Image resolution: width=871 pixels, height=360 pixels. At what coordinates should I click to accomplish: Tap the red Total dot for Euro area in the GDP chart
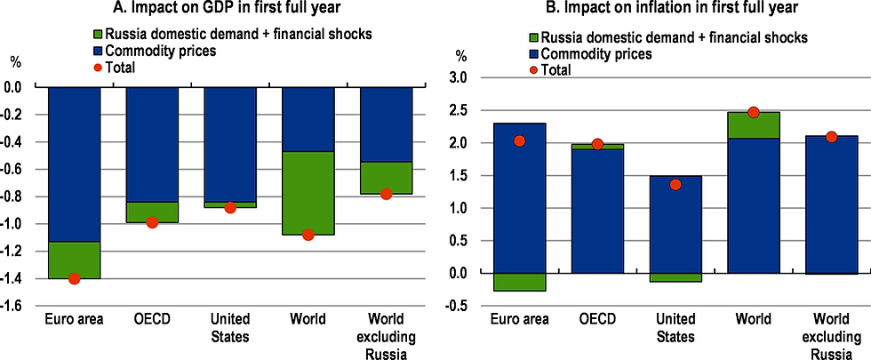(x=74, y=278)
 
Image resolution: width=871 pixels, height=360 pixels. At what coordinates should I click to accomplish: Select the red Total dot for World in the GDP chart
(x=308, y=235)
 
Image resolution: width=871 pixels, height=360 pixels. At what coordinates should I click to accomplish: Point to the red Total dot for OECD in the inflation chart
(x=596, y=144)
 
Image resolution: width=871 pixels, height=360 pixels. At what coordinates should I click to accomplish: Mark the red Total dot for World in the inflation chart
(x=753, y=112)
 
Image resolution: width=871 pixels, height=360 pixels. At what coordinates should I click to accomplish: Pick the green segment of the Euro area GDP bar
(x=74, y=260)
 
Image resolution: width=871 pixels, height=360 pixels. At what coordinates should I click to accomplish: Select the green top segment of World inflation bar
(x=753, y=124)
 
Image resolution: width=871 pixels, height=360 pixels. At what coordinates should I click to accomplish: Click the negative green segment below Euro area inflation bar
(x=518, y=282)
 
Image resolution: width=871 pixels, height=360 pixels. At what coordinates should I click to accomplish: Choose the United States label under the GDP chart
(x=229, y=328)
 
